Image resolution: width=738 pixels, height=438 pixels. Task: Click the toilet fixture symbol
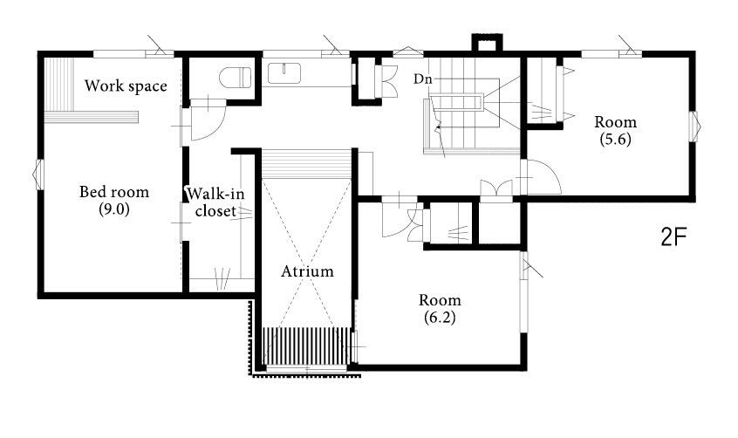[x=236, y=78]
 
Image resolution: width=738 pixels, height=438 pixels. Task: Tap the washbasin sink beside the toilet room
[x=284, y=73]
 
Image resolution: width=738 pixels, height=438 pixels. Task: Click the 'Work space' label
[x=126, y=86]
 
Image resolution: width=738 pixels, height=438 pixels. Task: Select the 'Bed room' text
[x=114, y=192]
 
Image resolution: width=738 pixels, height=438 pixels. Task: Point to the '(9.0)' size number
[x=114, y=209]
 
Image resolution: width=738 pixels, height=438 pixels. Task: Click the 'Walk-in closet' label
[x=215, y=202]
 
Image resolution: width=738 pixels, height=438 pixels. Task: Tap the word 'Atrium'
[x=307, y=271]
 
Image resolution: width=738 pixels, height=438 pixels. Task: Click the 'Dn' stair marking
[x=423, y=79]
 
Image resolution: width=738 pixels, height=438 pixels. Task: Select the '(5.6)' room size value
[x=615, y=140]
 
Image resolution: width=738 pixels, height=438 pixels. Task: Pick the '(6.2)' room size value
[x=440, y=318]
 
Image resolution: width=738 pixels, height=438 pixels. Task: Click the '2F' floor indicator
[x=674, y=237]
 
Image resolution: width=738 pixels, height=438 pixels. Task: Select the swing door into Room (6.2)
[x=400, y=217]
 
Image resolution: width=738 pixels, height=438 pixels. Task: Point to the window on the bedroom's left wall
[x=38, y=175]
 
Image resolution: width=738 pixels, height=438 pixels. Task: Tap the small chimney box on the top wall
[x=487, y=43]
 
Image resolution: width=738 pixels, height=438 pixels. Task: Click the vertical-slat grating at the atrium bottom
[x=306, y=346]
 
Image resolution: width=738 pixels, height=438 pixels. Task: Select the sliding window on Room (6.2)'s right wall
[x=524, y=292]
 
